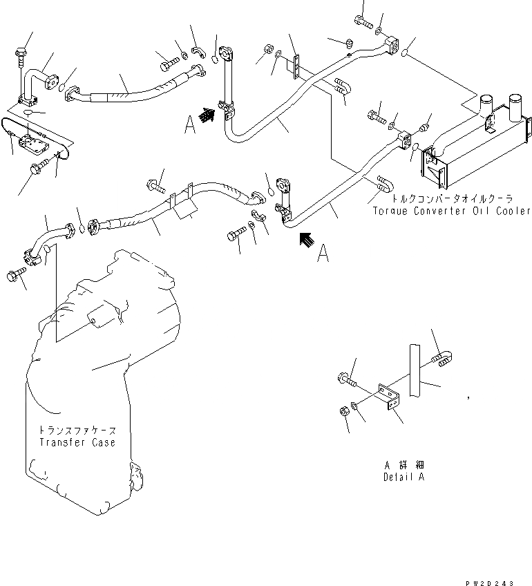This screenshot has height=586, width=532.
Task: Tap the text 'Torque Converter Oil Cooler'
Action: click(x=451, y=211)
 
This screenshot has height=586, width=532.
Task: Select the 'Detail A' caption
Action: click(x=403, y=477)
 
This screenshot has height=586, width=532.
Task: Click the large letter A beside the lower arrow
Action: click(x=323, y=256)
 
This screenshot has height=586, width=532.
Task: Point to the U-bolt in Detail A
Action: click(x=443, y=357)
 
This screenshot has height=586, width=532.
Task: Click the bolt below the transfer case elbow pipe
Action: click(x=15, y=276)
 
